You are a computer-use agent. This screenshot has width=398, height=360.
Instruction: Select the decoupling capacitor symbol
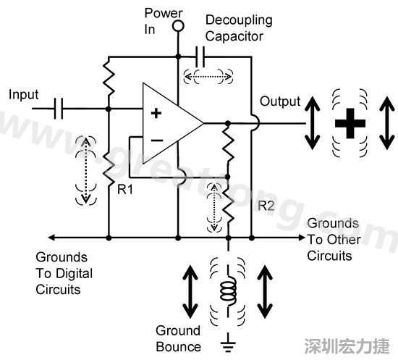coord(202,55)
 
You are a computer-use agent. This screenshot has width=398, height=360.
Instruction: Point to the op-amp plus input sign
coord(154,112)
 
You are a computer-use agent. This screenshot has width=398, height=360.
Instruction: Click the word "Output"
coord(279,101)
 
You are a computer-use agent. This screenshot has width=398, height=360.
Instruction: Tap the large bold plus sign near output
coord(351,123)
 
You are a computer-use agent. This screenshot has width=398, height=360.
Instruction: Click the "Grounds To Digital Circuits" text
coord(62,273)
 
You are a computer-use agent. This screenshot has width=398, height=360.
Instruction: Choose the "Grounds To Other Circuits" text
coord(332,239)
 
